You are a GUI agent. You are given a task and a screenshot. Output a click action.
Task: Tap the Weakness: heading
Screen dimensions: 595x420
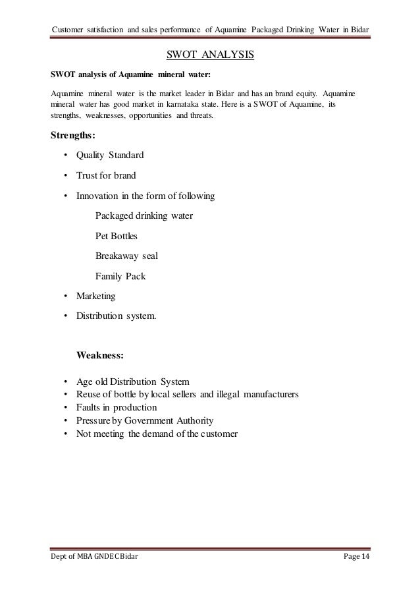click(x=99, y=354)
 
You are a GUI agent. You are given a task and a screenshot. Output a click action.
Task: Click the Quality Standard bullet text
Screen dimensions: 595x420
click(x=109, y=156)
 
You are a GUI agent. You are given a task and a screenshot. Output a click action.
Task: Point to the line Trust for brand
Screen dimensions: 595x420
click(x=105, y=176)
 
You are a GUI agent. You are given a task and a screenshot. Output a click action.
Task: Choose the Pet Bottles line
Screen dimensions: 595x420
click(x=117, y=235)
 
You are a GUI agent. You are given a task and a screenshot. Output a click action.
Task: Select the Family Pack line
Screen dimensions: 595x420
click(x=120, y=276)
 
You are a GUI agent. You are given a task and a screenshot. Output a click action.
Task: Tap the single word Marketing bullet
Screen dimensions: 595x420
click(x=96, y=296)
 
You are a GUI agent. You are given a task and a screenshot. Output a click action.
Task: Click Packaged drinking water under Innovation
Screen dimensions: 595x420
click(x=144, y=215)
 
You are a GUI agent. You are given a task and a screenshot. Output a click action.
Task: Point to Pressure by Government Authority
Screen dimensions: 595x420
click(x=144, y=421)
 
